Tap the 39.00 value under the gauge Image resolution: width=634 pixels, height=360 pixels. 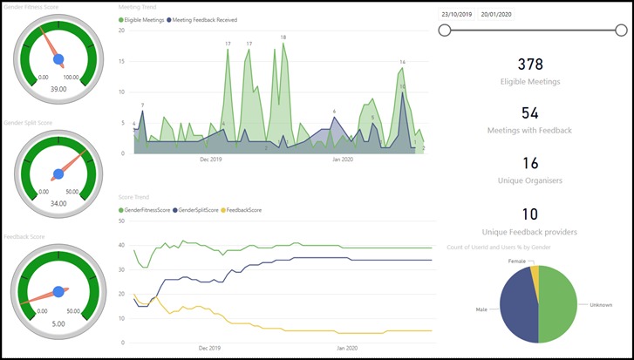58,89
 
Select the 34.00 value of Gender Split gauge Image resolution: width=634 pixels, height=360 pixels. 58,204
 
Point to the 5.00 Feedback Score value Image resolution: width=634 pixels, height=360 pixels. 58,323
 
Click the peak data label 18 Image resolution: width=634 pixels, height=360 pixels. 283,37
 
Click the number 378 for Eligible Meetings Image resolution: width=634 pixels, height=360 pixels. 530,64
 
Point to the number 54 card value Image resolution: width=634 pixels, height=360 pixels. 530,112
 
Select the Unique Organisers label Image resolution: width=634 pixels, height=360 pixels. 530,180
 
